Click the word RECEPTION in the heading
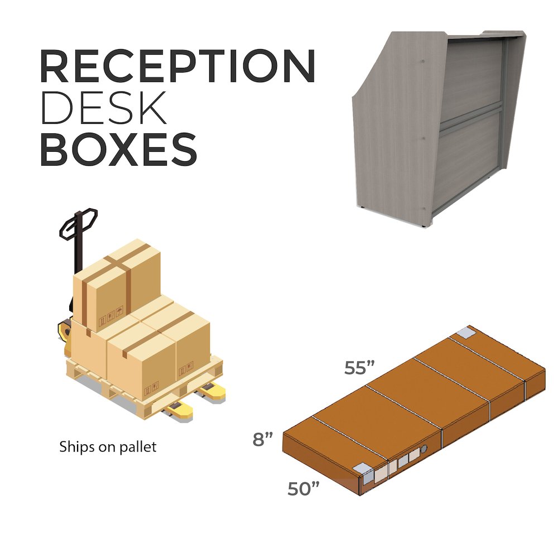177,67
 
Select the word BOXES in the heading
119,149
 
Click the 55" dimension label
359,368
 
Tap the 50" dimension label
304,489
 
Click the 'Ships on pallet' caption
108,447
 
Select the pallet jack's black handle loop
79,223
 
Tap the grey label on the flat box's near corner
365,474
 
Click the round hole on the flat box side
424,449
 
